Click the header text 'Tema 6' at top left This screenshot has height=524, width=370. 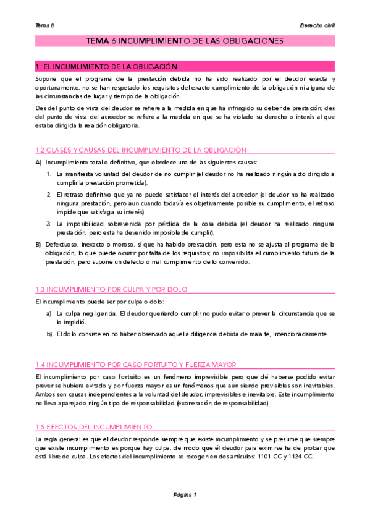(44, 25)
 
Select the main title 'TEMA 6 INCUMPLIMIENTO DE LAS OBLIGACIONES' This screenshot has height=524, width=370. (185, 41)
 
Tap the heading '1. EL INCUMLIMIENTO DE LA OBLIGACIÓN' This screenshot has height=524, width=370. (106, 66)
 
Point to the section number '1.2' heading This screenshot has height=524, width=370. (41, 150)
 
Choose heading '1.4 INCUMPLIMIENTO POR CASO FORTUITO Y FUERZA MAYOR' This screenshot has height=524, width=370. (135, 365)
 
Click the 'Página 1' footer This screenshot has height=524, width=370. (184, 495)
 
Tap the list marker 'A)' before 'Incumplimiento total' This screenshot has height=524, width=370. (38, 163)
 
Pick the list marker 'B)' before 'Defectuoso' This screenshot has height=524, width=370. (38, 244)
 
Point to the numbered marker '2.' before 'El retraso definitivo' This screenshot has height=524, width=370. (49, 195)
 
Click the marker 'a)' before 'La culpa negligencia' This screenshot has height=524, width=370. (49, 313)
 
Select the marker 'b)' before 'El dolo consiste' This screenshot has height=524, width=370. (49, 334)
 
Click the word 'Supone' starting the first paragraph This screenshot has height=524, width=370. (46, 79)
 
